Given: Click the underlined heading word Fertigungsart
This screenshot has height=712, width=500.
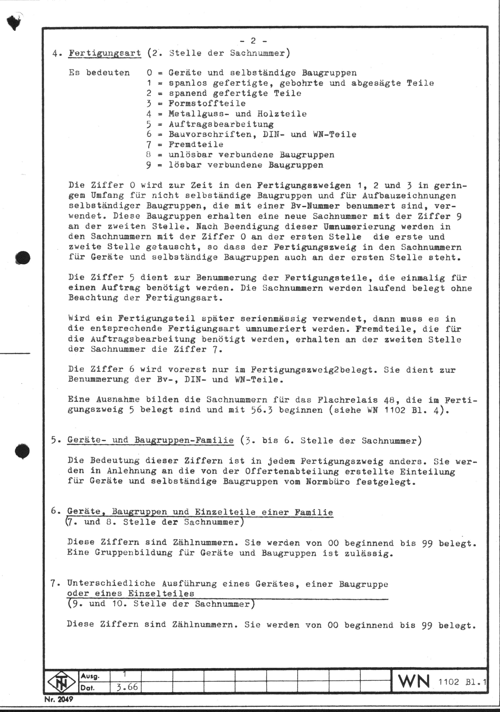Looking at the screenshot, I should click(105, 53).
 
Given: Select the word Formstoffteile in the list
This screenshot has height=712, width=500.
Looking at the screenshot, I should click(207, 103).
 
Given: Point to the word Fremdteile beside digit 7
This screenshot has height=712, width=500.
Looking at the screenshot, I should click(196, 145).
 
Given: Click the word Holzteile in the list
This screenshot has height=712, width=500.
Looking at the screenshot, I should click(282, 114).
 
